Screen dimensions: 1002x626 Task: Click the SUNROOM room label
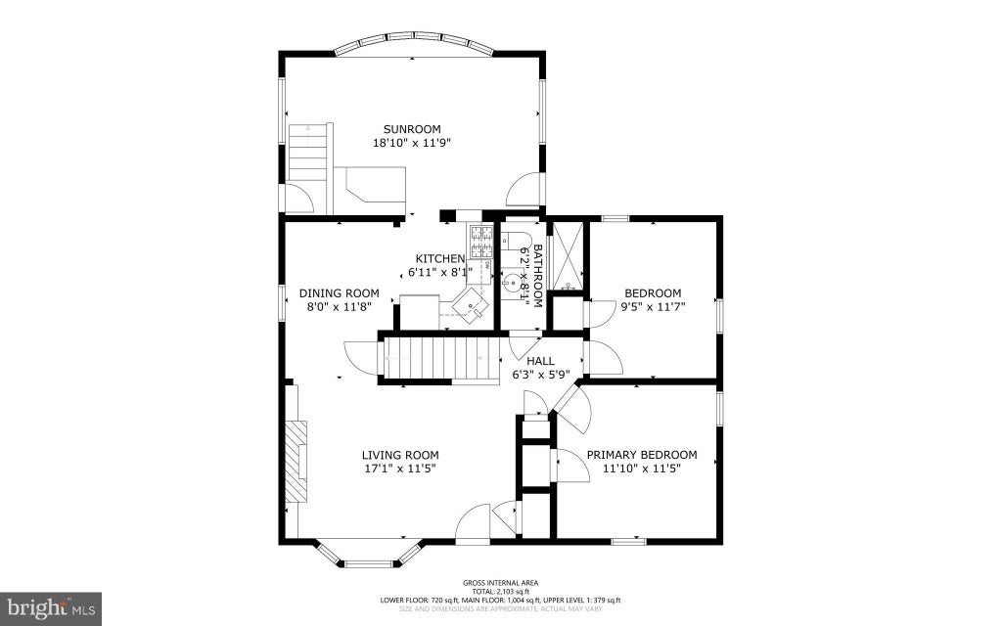click(x=412, y=129)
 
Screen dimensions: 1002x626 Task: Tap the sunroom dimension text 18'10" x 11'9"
click(x=412, y=143)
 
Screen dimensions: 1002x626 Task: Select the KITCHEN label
click(x=439, y=258)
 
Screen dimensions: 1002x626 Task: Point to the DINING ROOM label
click(x=340, y=293)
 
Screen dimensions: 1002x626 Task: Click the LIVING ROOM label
click(x=400, y=455)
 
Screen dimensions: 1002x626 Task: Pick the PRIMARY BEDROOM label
click(x=642, y=455)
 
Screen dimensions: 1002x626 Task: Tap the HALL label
click(x=540, y=362)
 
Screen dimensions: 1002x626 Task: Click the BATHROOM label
click(x=537, y=275)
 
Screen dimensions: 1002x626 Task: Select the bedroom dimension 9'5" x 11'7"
click(x=653, y=306)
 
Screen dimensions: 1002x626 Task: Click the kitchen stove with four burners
click(x=481, y=241)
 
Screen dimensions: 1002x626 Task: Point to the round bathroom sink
click(x=513, y=283)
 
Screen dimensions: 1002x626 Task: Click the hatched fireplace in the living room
click(x=296, y=462)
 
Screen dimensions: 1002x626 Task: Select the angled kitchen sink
click(x=471, y=305)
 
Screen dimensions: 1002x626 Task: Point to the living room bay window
click(x=369, y=556)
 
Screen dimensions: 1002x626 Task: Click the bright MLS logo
click(x=50, y=608)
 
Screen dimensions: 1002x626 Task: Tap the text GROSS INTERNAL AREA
click(x=500, y=583)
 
